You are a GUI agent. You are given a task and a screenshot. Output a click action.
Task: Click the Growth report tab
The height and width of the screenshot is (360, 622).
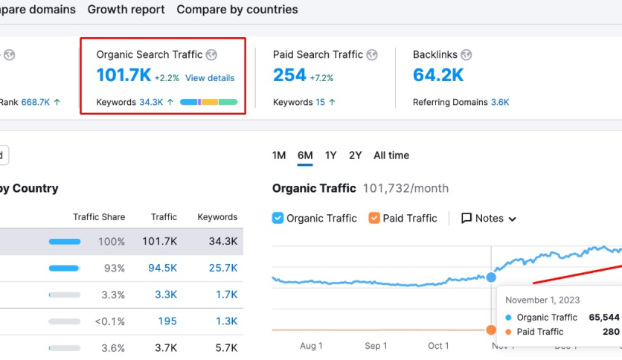[126, 10]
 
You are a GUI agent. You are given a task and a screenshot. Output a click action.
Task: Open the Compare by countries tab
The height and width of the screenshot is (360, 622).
[237, 10]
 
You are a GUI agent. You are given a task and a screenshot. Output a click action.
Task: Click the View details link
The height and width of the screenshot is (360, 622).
[210, 78]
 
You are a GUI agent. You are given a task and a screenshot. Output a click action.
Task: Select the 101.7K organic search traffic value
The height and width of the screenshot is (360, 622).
[124, 76]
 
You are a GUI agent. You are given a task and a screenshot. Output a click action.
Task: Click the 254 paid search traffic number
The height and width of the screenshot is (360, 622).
[289, 76]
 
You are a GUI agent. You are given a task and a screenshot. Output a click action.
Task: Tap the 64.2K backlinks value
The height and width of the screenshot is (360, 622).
[438, 76]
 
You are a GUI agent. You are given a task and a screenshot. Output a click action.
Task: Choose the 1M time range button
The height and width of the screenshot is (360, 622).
[279, 155]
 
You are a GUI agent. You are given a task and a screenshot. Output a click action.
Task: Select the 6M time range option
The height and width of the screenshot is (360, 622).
[305, 155]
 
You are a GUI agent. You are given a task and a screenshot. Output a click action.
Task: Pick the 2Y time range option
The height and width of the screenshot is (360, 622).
[356, 155]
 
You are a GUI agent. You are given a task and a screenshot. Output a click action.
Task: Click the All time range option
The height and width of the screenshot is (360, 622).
[391, 155]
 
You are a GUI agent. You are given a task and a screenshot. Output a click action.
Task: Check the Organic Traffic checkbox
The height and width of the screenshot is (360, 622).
[278, 218]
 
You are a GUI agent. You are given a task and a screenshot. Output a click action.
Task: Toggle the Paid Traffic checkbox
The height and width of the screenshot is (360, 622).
[374, 218]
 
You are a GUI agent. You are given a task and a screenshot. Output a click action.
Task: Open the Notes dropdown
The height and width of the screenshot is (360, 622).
[489, 218]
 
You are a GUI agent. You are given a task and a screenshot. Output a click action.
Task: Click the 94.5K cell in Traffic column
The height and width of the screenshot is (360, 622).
[162, 268]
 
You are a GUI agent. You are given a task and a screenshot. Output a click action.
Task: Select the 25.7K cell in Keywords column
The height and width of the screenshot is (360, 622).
[222, 268]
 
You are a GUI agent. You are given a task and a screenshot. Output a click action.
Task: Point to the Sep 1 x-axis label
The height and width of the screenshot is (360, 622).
[376, 346]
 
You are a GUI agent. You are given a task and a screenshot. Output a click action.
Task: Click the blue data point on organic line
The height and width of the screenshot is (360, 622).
[491, 277]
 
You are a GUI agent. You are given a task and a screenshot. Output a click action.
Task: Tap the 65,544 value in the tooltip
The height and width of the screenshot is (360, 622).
[603, 317]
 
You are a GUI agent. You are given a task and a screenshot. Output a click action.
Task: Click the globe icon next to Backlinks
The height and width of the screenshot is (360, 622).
[466, 55]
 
